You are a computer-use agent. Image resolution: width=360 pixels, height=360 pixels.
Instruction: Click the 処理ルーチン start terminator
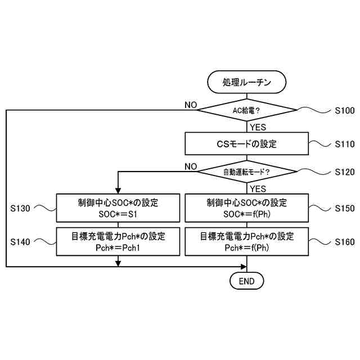247,82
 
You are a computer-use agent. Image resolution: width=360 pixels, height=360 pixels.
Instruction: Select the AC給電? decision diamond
247,110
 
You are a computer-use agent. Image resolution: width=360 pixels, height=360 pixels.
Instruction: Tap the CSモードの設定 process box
247,144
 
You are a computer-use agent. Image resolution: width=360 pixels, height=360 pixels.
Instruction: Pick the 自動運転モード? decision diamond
247,171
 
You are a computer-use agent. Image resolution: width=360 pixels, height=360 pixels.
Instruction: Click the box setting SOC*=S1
118,208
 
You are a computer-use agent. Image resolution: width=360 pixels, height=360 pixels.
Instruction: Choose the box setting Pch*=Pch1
118,241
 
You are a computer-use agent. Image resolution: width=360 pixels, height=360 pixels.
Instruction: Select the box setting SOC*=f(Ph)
247,208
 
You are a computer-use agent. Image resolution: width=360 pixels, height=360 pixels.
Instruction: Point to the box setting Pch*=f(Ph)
247,241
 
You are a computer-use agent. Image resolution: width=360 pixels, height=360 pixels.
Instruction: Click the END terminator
247,280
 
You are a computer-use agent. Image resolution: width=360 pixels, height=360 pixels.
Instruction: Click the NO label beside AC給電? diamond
190,105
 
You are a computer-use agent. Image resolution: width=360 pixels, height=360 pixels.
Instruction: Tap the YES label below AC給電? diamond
258,127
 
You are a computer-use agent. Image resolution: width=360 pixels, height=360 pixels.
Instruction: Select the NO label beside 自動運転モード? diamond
190,166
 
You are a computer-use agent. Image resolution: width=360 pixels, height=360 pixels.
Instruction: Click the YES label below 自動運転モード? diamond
258,188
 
